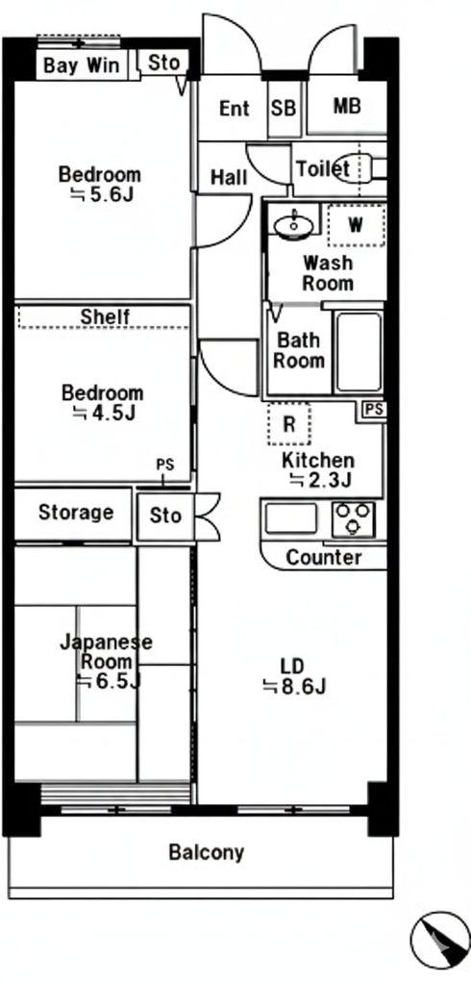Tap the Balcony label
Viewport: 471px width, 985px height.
206,852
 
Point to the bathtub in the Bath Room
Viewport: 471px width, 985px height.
359,351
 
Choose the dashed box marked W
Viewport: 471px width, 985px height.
356,226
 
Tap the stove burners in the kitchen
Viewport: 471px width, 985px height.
354,519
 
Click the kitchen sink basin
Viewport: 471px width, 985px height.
291,519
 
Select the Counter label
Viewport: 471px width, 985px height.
324,558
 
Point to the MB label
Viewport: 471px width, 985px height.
347,107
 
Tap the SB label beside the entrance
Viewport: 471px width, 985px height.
283,108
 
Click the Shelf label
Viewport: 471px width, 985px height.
105,316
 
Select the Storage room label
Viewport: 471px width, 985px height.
76,513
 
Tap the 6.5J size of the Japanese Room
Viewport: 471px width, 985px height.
108,682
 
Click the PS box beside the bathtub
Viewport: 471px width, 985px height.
374,410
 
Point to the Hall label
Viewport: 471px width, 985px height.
228,178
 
